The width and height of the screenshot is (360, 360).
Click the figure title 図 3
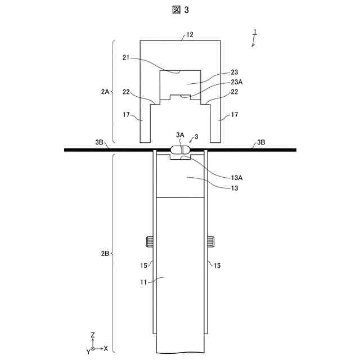click(181, 10)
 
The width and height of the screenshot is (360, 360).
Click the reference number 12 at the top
click(190, 35)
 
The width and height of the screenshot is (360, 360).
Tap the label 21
click(126, 57)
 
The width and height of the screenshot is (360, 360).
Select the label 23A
click(237, 82)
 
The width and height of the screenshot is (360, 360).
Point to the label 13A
click(237, 178)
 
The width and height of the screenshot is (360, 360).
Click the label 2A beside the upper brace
click(105, 92)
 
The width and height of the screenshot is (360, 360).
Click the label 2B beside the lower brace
click(105, 254)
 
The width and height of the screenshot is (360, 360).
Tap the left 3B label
click(99, 142)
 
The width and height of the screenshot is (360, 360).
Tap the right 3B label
click(261, 142)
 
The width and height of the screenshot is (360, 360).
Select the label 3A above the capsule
click(180, 135)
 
